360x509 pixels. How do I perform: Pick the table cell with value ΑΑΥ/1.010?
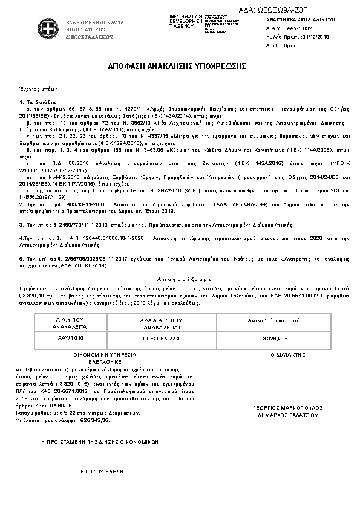tap(59, 338)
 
